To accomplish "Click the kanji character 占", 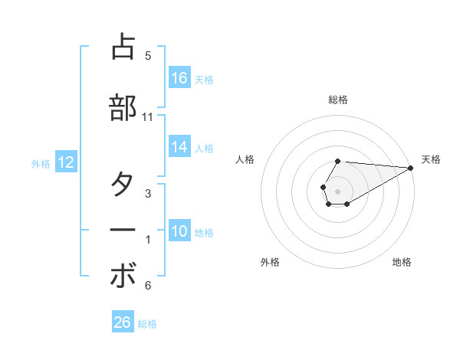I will coord(123,47).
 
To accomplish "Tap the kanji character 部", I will coord(123,107).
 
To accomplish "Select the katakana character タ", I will coord(123,185).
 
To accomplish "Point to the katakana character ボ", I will coord(123,277).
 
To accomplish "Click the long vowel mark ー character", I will coord(123,230).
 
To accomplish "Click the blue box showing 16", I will coord(179,78).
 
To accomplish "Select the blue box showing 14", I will coord(179,148).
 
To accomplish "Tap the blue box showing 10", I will coord(179,232).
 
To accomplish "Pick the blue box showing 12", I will coord(66,162).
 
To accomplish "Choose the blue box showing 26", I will coord(123,323).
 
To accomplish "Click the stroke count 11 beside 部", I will coord(148,117).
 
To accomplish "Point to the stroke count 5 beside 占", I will coord(148,55).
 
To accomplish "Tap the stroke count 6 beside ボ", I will coord(148,286).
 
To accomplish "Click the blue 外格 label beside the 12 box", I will coord(41,163).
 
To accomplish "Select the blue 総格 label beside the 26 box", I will coord(147,324).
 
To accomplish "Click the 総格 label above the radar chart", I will coord(338,100).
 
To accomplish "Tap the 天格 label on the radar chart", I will coord(431,159).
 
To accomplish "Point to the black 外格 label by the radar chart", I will coord(270,262).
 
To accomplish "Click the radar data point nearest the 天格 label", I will coord(411,168).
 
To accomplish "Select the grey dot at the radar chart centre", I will coord(338,191).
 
